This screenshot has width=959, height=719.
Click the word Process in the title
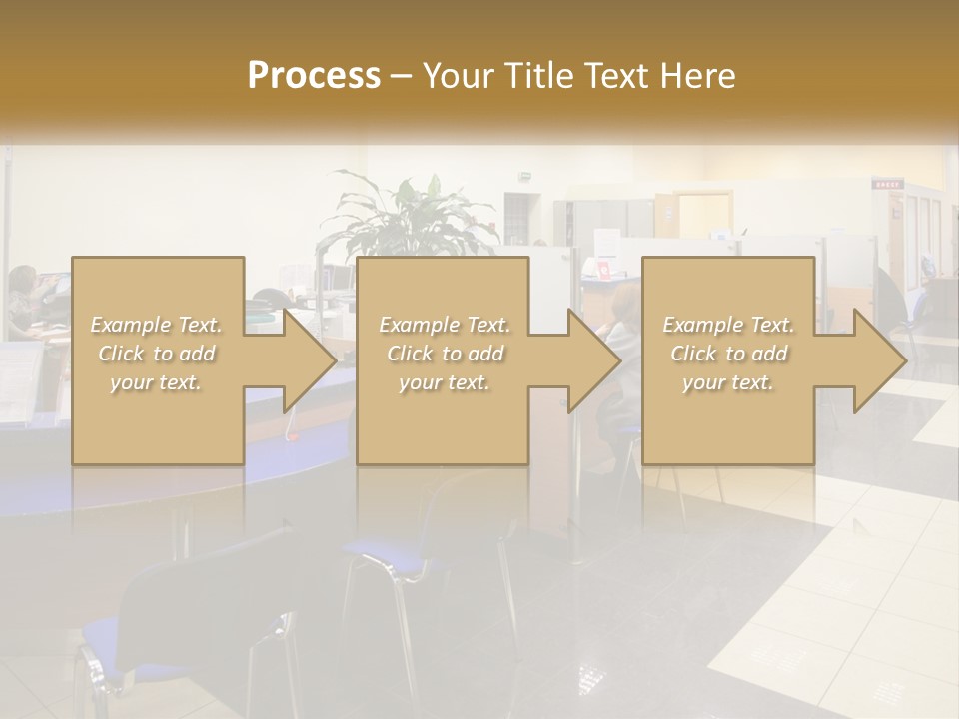[314, 76]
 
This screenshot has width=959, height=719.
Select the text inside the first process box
[157, 354]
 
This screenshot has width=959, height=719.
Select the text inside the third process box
[728, 354]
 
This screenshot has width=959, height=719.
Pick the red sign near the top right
[886, 184]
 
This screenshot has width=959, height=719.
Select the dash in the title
[402, 76]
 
